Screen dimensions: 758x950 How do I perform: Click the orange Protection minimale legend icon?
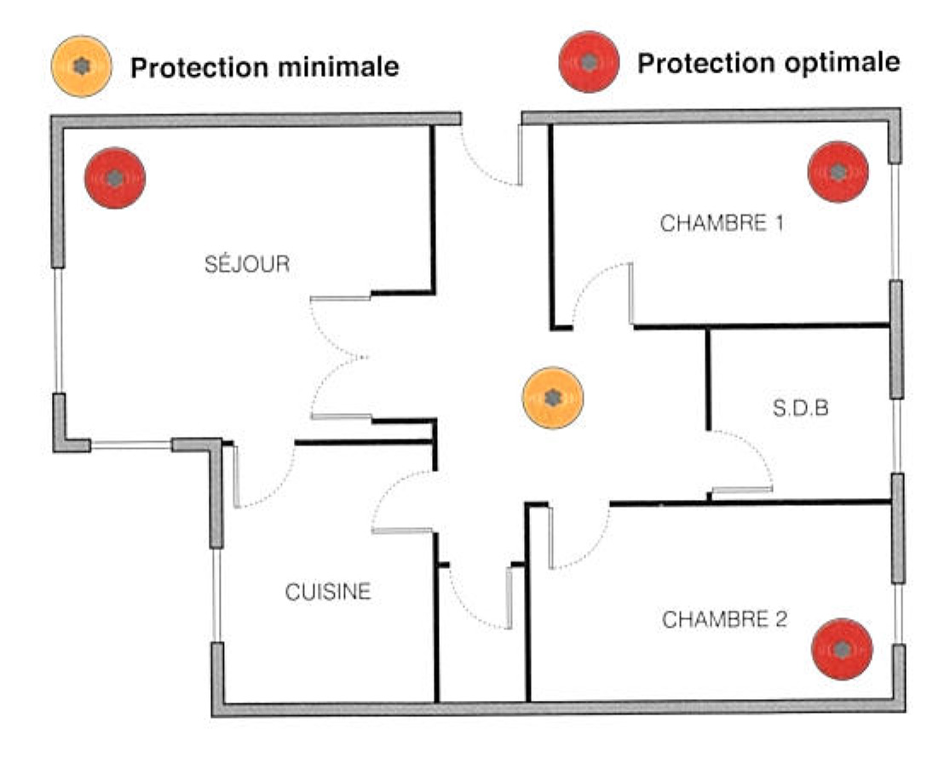tap(81, 66)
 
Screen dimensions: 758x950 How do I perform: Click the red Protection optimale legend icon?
tap(588, 61)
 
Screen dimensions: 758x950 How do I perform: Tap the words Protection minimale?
tap(264, 67)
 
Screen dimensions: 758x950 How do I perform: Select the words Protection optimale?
tap(769, 62)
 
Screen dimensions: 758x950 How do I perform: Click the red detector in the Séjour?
tap(115, 178)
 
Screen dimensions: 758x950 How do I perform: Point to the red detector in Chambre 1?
tap(838, 172)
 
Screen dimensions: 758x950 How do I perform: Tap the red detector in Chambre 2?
tap(842, 649)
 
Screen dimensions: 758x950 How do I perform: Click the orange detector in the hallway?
tap(553, 398)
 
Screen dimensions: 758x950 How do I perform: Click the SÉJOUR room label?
tap(247, 264)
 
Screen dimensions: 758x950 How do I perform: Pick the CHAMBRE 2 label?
tap(724, 619)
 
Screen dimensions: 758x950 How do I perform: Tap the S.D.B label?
tap(801, 409)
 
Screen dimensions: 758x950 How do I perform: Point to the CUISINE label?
tap(328, 591)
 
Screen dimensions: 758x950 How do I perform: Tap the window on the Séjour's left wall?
tap(58, 330)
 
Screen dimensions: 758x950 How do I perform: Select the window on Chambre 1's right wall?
tap(895, 221)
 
